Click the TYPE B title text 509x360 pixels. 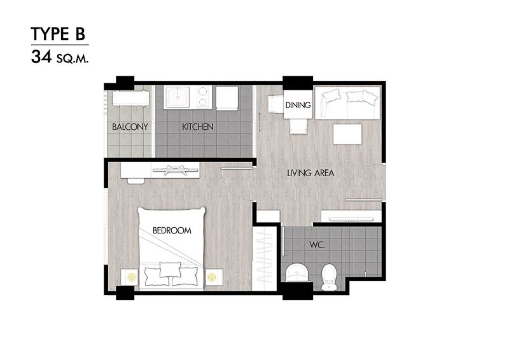[58, 34]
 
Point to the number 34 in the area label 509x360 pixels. [41, 57]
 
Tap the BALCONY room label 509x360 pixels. [130, 127]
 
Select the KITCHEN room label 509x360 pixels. [197, 127]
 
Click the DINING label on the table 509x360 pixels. [298, 105]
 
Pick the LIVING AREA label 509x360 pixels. [310, 173]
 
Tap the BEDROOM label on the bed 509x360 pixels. [172, 230]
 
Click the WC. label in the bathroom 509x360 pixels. [317, 245]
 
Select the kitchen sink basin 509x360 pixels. [178, 97]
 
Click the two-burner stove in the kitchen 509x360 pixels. [203, 97]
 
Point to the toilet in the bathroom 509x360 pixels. [329, 277]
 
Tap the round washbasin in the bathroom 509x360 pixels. [296, 272]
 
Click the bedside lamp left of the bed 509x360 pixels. [131, 277]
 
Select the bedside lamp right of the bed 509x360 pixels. [212, 277]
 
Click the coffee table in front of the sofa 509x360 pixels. [347, 134]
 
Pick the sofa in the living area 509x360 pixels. [347, 103]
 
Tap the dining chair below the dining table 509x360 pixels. [298, 126]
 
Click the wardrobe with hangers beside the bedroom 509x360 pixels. [265, 258]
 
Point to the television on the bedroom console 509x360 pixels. [176, 169]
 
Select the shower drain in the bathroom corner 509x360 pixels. [366, 273]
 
